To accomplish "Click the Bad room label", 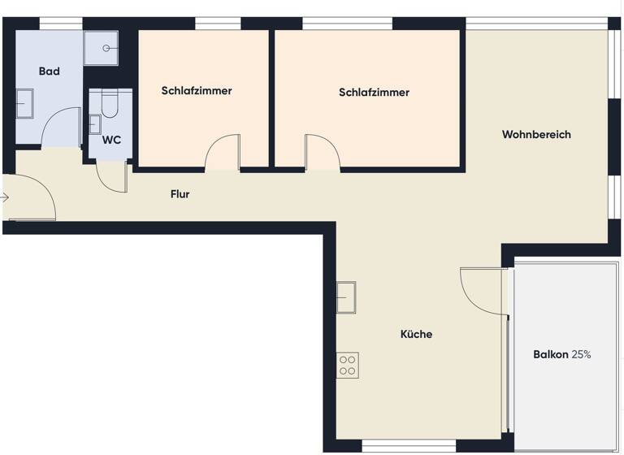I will (x=50, y=71).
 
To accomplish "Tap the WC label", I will (x=111, y=140).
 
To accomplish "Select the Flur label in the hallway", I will (x=180, y=194).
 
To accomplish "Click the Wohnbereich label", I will (x=536, y=134).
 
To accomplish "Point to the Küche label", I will (x=416, y=334).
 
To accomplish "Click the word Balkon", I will (x=551, y=354).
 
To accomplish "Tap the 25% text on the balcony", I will (x=581, y=354).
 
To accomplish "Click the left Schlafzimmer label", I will (x=197, y=91).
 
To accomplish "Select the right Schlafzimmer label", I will (x=374, y=93).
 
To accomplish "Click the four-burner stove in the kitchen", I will (x=348, y=365).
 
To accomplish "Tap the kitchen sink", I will (x=346, y=297).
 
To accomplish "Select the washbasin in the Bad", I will (x=24, y=105).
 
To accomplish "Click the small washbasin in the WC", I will (x=94, y=124).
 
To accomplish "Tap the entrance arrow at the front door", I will (x=6, y=197).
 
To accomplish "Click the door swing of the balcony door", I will (x=482, y=291).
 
